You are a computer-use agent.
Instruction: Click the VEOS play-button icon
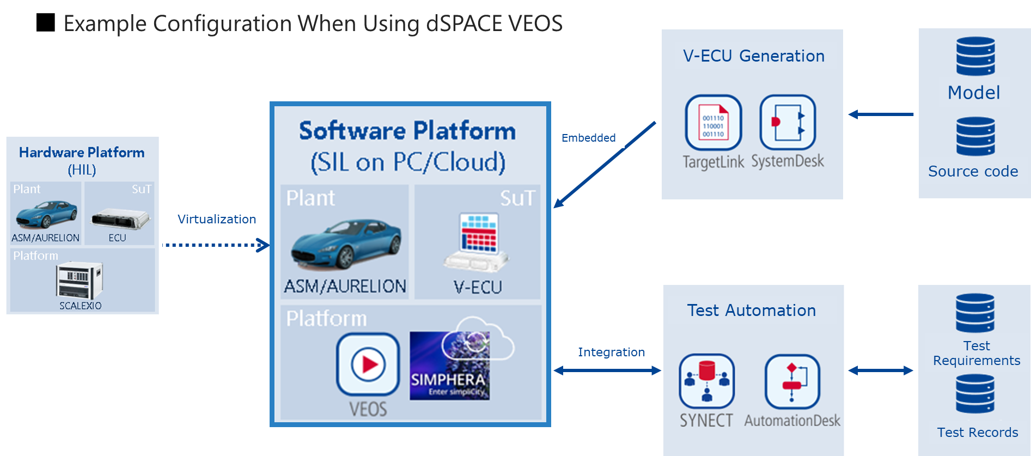368,364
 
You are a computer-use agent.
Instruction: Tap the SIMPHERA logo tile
450,366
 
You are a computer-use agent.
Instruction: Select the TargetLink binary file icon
713,123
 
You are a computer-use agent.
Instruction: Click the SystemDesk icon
787,123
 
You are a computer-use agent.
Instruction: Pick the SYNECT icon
706,381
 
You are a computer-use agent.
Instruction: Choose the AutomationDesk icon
792,381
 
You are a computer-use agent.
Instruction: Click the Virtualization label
217,219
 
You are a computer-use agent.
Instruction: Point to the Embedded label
588,138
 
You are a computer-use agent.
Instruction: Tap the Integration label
611,352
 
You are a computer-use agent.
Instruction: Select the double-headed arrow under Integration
607,370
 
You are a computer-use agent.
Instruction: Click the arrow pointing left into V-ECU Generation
881,114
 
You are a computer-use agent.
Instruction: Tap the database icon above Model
975,56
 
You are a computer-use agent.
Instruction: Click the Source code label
973,171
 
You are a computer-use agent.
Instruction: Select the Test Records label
977,432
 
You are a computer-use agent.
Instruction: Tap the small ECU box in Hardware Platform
120,218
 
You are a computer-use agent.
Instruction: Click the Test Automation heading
751,310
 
